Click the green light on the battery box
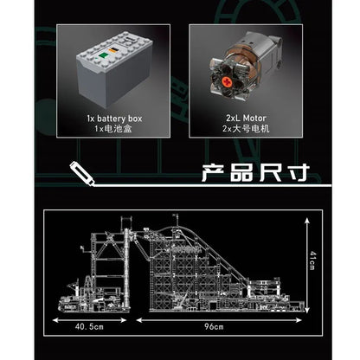pyautogui.click(x=103, y=55)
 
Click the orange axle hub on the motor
pyautogui.click(x=228, y=82)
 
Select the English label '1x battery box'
pyautogui.click(x=114, y=119)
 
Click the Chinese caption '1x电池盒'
pyautogui.click(x=113, y=129)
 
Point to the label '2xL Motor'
pyautogui.click(x=246, y=119)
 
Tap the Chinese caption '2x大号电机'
pyautogui.click(x=246, y=129)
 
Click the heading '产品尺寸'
pyautogui.click(x=255, y=173)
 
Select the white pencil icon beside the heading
pyautogui.click(x=82, y=174)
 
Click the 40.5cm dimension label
pyautogui.click(x=89, y=327)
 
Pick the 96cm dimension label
pyautogui.click(x=214, y=327)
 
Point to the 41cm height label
pyautogui.click(x=312, y=260)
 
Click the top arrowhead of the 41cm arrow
pyautogui.click(x=307, y=221)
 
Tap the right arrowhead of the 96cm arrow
pyautogui.click(x=299, y=320)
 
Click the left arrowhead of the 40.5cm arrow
pyautogui.click(x=55, y=320)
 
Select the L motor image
pyautogui.click(x=244, y=67)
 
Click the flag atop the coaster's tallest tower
pyautogui.click(x=175, y=215)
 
